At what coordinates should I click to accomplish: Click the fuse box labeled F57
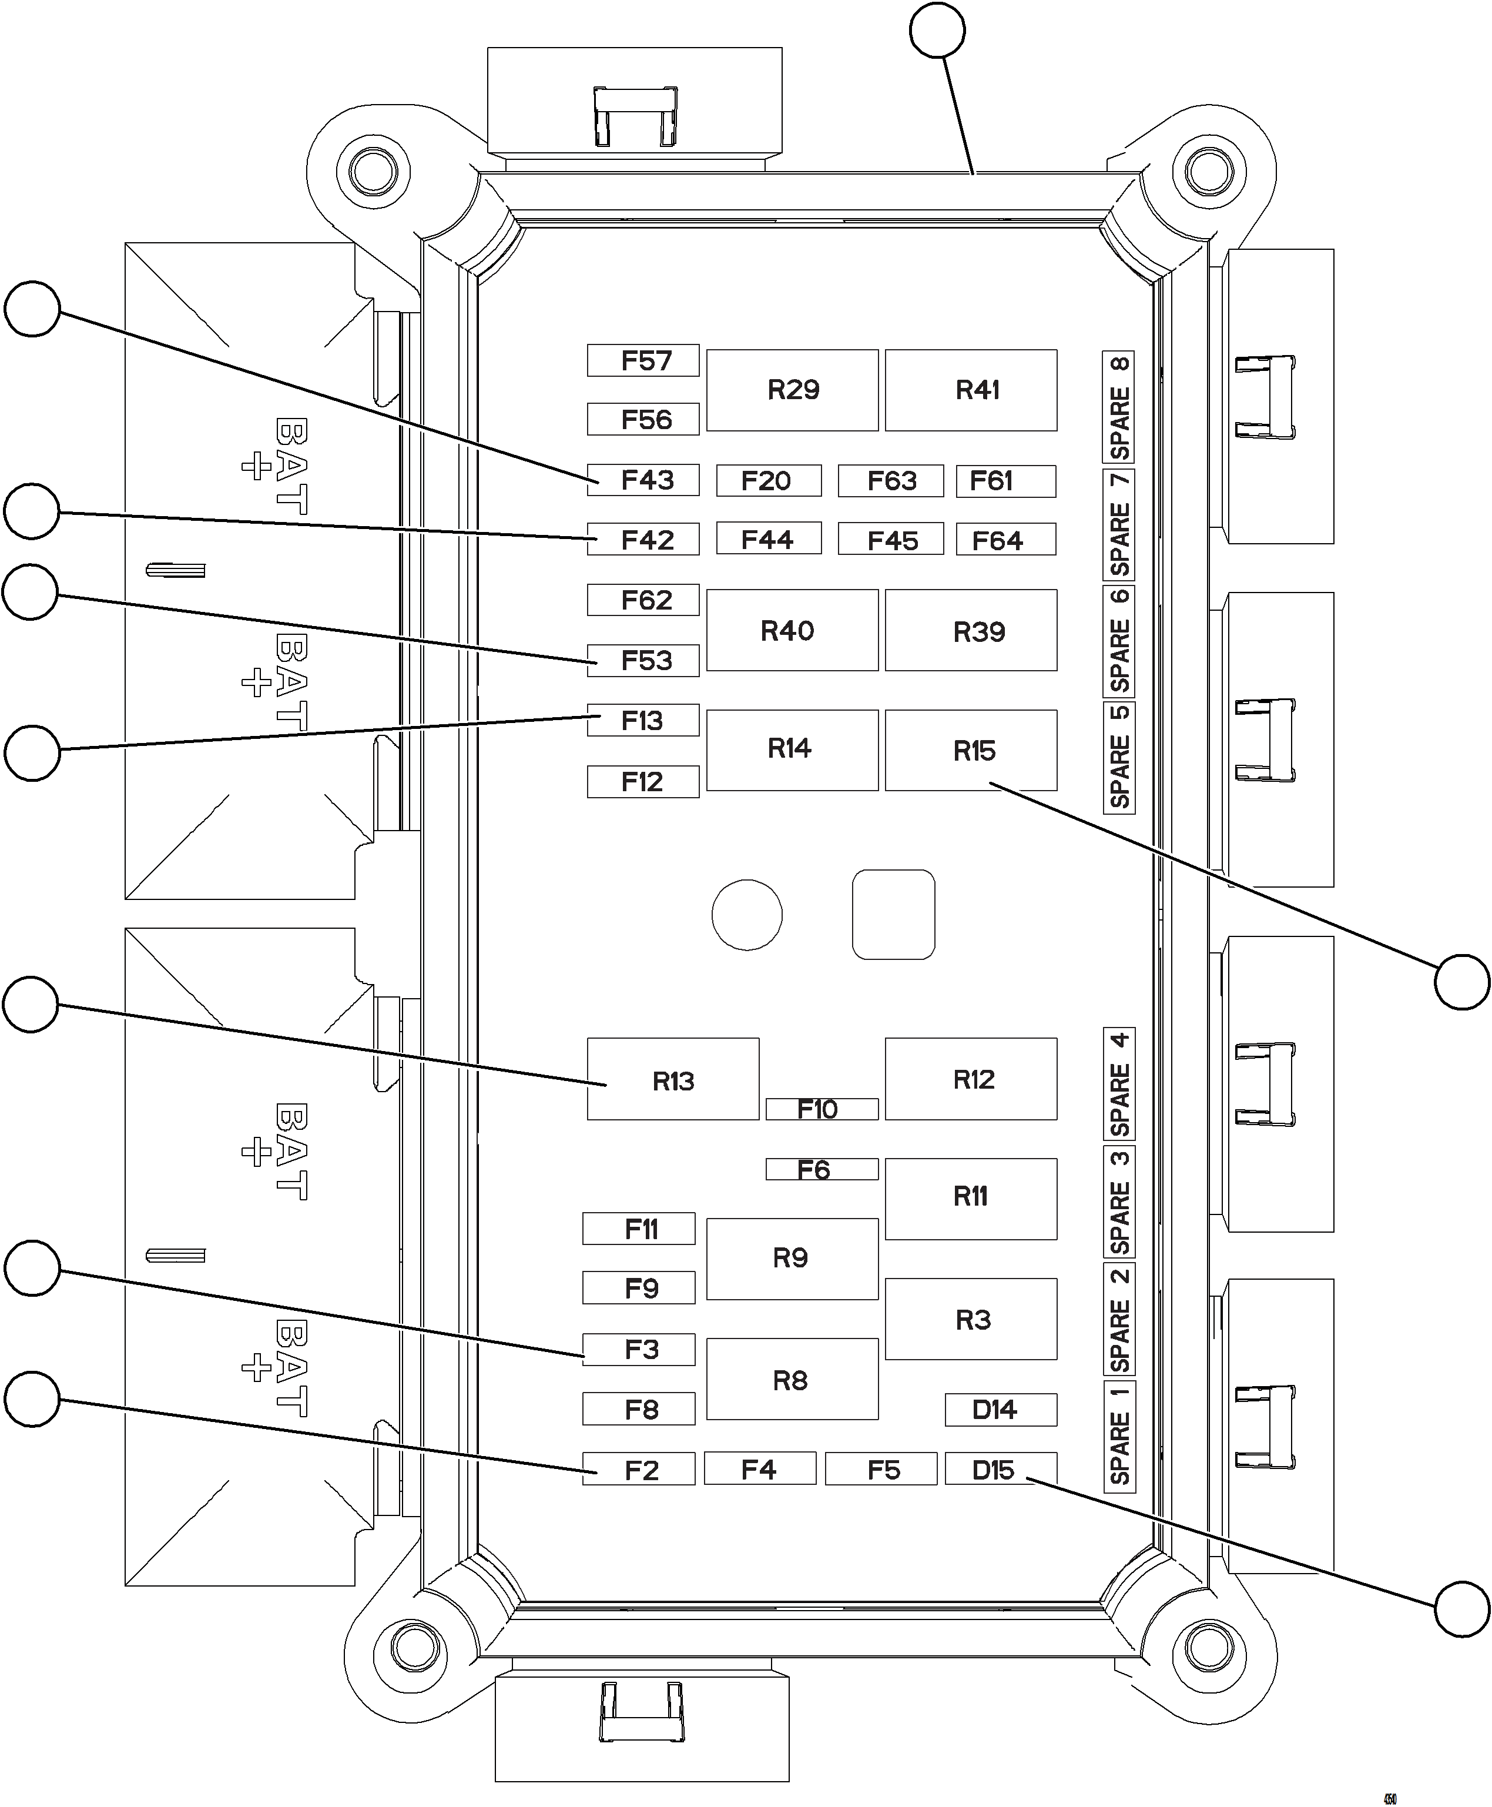coord(643,361)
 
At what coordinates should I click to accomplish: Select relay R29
coord(792,390)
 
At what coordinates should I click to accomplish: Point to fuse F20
coord(769,480)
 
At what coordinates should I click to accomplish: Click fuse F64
coord(1005,540)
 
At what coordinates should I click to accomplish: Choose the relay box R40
coord(792,630)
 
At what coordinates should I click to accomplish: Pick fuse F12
coord(643,781)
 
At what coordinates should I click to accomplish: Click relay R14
coord(792,749)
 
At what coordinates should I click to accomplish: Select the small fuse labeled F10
coord(822,1109)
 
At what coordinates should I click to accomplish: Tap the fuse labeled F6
coord(822,1169)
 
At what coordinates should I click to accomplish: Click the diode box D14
coord(1000,1410)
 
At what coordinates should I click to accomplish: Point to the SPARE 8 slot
coord(1119,407)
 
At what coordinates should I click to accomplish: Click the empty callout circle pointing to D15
coord(1463,1608)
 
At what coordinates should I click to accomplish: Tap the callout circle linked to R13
coord(31,1004)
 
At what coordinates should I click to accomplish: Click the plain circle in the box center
coord(747,915)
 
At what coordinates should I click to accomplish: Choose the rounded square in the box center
coord(893,914)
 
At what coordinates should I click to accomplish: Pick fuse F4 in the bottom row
coord(760,1468)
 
